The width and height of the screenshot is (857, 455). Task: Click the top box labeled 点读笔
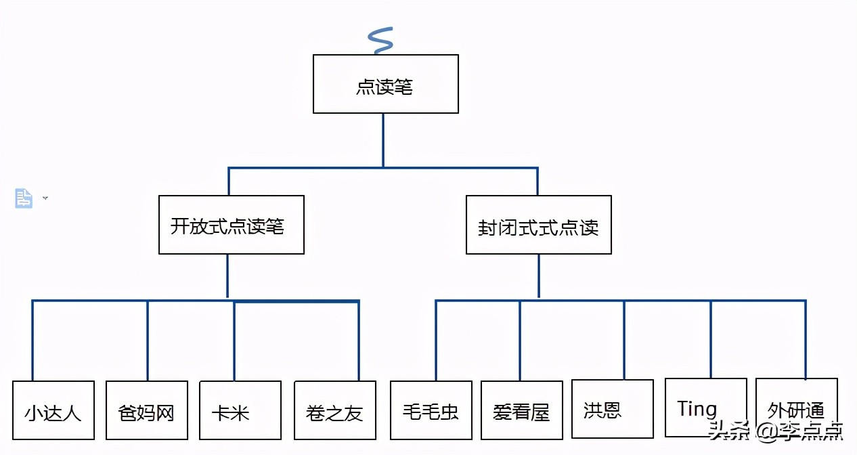click(x=385, y=84)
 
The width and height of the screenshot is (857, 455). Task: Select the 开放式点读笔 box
click(x=231, y=225)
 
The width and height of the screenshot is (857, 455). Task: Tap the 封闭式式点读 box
click(x=538, y=225)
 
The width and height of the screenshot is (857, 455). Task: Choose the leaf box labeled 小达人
click(x=53, y=410)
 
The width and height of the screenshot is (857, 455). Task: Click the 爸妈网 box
click(x=146, y=410)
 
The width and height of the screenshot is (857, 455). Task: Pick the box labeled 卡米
click(x=240, y=410)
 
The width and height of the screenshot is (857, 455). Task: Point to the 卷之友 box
click(x=334, y=410)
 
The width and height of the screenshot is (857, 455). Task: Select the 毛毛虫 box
click(x=431, y=410)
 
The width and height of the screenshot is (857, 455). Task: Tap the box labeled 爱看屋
click(x=521, y=410)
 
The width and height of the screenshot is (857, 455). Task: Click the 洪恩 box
click(x=612, y=408)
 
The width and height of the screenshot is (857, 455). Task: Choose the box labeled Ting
click(x=705, y=408)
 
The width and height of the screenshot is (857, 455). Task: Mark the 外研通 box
click(x=796, y=408)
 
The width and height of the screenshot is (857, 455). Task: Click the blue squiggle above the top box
click(x=381, y=41)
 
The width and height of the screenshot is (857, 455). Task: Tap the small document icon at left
click(x=24, y=198)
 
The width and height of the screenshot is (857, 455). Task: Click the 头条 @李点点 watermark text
click(x=775, y=431)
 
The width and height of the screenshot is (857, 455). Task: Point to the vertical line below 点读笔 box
click(x=383, y=139)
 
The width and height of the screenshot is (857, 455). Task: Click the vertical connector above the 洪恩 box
click(x=624, y=339)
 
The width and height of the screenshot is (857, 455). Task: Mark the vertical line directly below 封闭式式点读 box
click(x=539, y=276)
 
